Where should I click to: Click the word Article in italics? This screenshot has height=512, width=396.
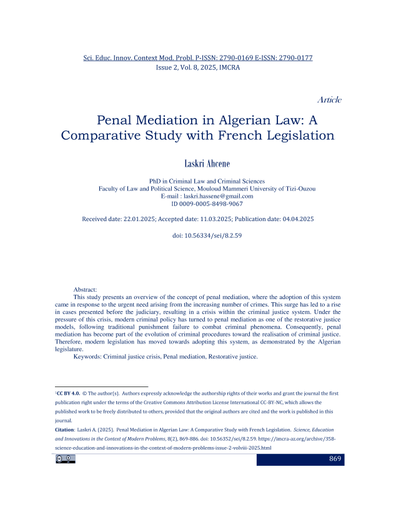click(329, 100)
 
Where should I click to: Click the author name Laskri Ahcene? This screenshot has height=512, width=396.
click(198, 164)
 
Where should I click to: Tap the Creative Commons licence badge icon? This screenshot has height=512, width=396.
click(65, 460)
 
